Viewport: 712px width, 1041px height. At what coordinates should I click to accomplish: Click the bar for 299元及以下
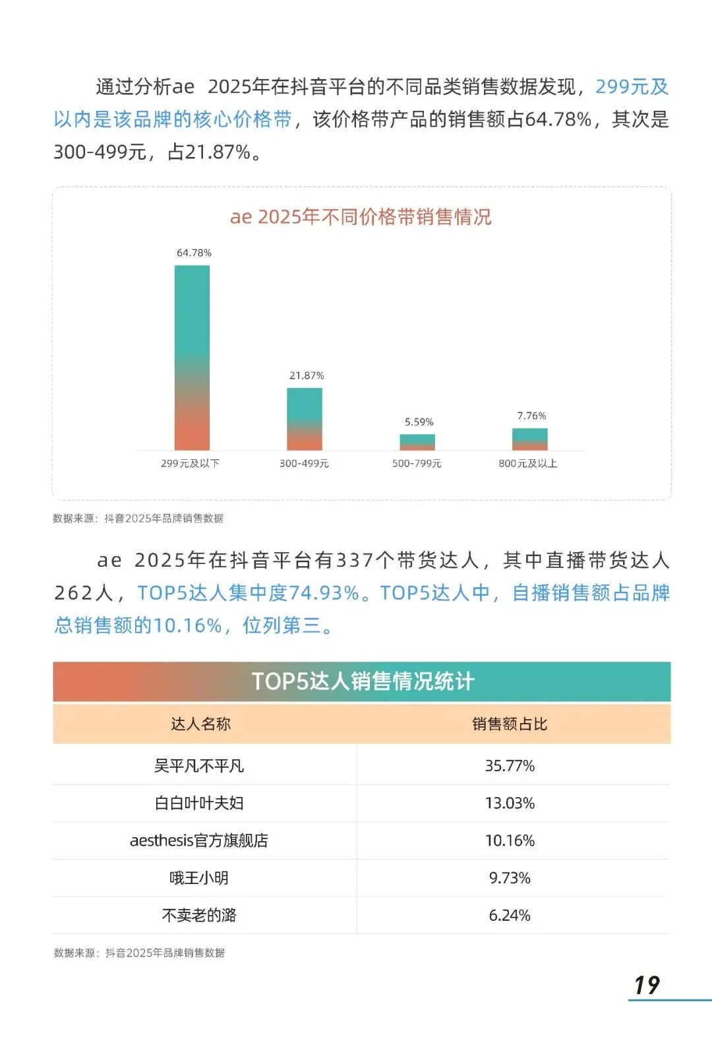[x=192, y=358]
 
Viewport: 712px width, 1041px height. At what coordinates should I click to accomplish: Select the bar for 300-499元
[x=305, y=419]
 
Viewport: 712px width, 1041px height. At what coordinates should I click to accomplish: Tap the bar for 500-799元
[x=417, y=442]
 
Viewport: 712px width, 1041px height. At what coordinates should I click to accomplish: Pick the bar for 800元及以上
[x=530, y=439]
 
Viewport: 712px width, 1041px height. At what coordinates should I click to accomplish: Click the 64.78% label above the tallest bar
[x=194, y=253]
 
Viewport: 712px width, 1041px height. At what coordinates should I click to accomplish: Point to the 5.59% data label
[x=419, y=422]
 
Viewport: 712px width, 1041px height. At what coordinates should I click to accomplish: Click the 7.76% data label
[x=531, y=416]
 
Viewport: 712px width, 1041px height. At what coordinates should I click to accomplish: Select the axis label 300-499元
[x=304, y=463]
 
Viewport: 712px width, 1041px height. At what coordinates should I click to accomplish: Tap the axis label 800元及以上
[x=528, y=463]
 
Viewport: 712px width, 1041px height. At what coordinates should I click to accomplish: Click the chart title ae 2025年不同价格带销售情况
[x=361, y=217]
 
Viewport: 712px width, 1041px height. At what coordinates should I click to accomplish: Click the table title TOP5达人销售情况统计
[x=362, y=681]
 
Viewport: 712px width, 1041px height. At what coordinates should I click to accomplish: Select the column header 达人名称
[x=200, y=724]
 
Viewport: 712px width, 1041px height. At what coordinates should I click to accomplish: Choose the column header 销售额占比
[x=510, y=724]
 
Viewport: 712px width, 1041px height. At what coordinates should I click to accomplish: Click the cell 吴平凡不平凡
[x=199, y=765]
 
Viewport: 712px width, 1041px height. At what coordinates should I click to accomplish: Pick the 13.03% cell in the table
[x=510, y=803]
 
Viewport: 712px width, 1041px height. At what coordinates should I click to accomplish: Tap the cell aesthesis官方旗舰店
[x=199, y=840]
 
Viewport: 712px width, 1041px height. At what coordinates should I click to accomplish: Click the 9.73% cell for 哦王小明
[x=510, y=878]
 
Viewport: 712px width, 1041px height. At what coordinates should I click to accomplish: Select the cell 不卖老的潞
[x=199, y=915]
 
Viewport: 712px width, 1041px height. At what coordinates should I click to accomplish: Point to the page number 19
[x=647, y=985]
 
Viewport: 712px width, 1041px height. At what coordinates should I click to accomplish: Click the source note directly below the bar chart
[x=138, y=519]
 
